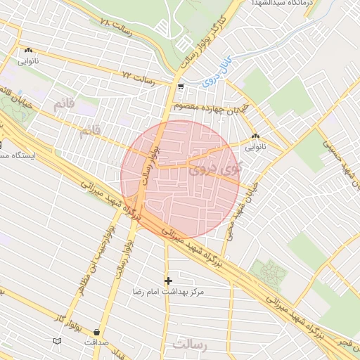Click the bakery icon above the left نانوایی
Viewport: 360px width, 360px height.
pos(29,51)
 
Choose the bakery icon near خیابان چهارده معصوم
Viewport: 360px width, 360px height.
pos(255,136)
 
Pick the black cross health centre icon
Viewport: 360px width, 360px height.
pos(168,280)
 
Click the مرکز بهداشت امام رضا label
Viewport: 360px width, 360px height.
pos(168,290)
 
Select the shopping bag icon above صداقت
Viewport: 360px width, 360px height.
pos(96,332)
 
